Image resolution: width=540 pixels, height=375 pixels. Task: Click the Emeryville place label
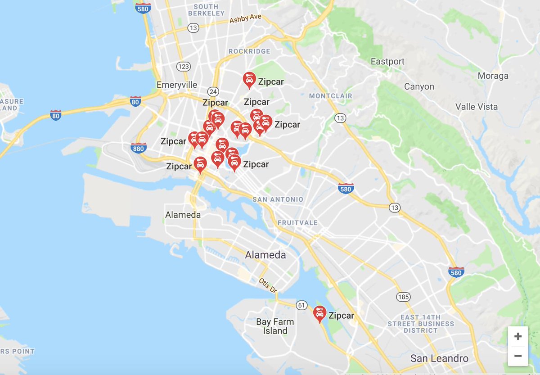click(x=176, y=85)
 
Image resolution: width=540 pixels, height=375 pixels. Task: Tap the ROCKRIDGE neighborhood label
click(x=249, y=51)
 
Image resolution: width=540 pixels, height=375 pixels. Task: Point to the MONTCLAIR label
click(x=330, y=96)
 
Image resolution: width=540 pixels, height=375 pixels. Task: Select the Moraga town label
click(x=493, y=76)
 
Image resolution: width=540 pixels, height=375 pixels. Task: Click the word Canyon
click(x=419, y=86)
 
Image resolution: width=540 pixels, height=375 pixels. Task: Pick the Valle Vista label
click(x=477, y=107)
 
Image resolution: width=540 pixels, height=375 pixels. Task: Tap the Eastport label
click(x=387, y=61)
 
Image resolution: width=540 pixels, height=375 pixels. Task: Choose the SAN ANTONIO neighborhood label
click(x=278, y=199)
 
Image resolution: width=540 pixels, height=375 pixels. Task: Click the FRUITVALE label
click(x=297, y=223)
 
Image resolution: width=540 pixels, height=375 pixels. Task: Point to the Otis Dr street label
click(x=268, y=285)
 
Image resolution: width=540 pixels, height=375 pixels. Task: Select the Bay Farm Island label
click(x=275, y=326)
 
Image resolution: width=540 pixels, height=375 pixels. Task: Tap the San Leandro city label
click(x=439, y=358)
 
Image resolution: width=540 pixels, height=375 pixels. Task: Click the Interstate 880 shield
click(x=138, y=148)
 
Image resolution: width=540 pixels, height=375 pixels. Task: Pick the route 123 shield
click(x=183, y=67)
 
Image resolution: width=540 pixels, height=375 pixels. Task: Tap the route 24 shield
click(x=214, y=91)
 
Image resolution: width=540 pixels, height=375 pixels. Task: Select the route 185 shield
click(x=403, y=297)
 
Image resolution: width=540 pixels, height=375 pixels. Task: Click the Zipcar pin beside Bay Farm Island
click(x=319, y=313)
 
